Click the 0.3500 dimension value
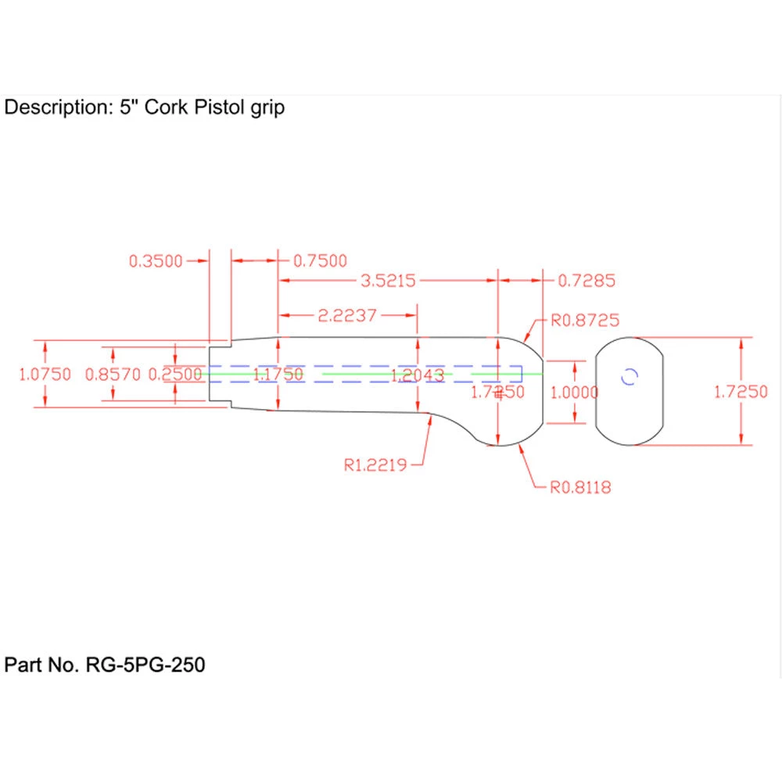pyautogui.click(x=155, y=261)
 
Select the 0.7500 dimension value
pyautogui.click(x=320, y=261)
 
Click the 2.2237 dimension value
pyautogui.click(x=347, y=316)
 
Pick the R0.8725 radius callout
pyautogui.click(x=586, y=320)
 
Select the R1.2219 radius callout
pyautogui.click(x=375, y=465)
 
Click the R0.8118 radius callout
pyautogui.click(x=579, y=488)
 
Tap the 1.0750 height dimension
pyautogui.click(x=45, y=375)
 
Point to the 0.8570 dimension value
pyautogui.click(x=113, y=375)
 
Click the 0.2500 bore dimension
pyautogui.click(x=175, y=375)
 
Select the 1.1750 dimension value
pyautogui.click(x=278, y=375)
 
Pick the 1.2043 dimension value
pyautogui.click(x=418, y=375)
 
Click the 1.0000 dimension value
pyautogui.click(x=575, y=393)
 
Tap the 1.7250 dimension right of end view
pyautogui.click(x=741, y=393)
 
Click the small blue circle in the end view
pyautogui.click(x=630, y=376)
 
